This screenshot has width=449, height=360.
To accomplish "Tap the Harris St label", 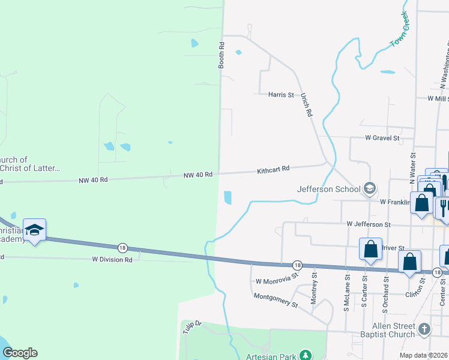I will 281,95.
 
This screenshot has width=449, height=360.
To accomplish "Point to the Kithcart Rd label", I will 273,170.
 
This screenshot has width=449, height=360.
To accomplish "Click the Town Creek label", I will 399,29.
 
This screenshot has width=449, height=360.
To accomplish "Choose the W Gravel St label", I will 382,138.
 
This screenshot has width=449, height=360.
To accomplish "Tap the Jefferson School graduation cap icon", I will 370,189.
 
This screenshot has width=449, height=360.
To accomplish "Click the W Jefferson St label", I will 369,224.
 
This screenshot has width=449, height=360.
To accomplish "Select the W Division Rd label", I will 112,260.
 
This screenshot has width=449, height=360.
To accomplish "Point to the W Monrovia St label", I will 277,280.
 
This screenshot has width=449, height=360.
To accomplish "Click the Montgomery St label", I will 276,300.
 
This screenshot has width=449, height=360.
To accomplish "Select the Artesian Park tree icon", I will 306,356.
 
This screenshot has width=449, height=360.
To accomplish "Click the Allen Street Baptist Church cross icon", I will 424,329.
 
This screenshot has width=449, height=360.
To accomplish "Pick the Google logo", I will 20,353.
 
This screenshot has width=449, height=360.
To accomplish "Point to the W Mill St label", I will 438,98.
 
